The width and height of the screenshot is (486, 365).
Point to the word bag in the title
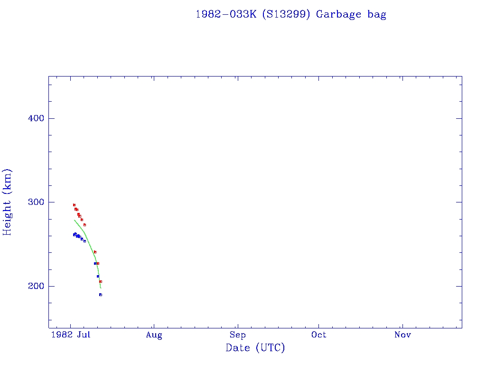[x=377, y=15]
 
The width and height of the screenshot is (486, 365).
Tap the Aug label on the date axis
[x=154, y=335]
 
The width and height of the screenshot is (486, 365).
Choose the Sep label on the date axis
[x=237, y=335]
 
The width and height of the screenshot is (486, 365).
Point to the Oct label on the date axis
[x=319, y=335]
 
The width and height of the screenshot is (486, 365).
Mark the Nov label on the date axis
[x=402, y=335]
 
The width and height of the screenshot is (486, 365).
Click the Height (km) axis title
[x=8, y=202]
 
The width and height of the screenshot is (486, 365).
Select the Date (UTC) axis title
[x=255, y=348]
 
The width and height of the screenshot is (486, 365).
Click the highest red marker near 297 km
[x=74, y=205]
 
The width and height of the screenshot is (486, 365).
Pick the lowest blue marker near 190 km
[x=101, y=295]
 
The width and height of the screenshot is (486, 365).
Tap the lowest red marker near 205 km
[x=101, y=281]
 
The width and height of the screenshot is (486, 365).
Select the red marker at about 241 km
[x=95, y=252]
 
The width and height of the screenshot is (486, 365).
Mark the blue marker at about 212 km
[x=98, y=276]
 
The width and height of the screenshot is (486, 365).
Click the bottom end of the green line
[x=101, y=288]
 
